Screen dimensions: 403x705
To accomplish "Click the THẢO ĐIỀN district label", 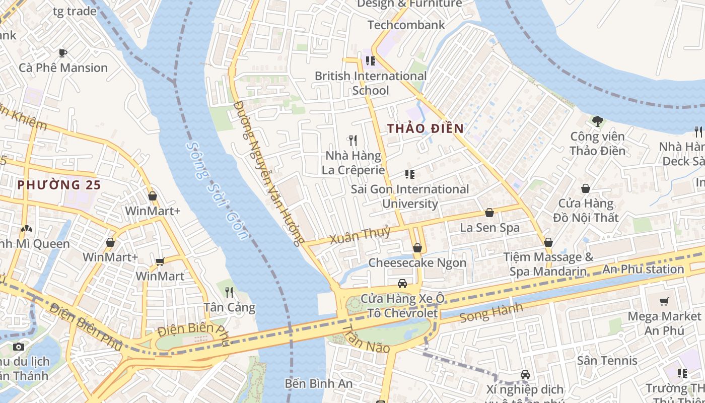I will coord(426,128).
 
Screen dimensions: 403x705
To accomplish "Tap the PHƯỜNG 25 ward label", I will coord(59,185).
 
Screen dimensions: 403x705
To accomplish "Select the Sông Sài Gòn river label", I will coord(218,191).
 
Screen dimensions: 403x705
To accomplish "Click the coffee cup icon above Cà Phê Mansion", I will coord(63,53).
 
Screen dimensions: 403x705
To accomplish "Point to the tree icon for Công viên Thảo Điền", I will coord(597,121).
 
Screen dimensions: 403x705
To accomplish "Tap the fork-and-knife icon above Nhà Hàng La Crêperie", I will coord(353,140).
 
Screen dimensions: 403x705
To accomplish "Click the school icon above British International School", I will coord(371,61).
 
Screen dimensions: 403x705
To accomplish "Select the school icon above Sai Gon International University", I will coord(410,174).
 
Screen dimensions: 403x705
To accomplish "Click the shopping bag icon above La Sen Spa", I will coord(489,213).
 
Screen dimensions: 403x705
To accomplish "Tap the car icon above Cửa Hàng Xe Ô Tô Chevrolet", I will coord(402,284).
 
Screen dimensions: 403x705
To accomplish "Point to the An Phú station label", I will coord(643,269).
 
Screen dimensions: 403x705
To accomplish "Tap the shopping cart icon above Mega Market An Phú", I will coord(664,301).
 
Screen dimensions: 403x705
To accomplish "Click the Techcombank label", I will coord(406,25).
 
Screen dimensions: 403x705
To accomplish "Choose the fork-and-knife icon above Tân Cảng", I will coord(229,292).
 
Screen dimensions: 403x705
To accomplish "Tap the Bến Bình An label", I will coord(319,383).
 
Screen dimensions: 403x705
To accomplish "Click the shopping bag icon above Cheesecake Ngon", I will coord(417,248).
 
